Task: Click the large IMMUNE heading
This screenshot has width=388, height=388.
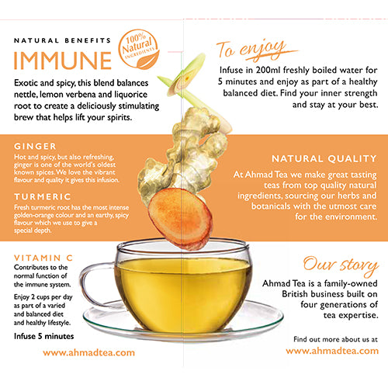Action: click(x=62, y=59)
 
